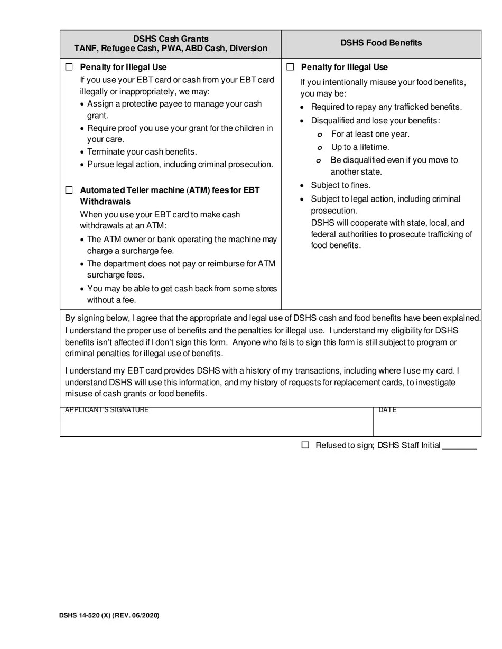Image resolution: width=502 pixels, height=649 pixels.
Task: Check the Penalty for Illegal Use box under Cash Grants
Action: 69,67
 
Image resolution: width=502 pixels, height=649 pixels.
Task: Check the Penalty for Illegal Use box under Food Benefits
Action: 290,67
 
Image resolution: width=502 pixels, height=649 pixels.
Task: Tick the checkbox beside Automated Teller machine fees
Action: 69,190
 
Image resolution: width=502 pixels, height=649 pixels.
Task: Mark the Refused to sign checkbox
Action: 305,445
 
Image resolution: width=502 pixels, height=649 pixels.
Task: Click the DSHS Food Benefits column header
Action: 381,43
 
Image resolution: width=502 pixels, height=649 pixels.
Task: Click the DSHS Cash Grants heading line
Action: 171,39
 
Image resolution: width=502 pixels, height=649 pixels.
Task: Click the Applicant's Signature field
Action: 217,425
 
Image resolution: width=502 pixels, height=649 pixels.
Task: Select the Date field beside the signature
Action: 427,425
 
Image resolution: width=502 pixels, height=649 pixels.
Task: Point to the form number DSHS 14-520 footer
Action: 109,615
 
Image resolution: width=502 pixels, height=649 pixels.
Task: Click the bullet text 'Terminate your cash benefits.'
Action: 142,152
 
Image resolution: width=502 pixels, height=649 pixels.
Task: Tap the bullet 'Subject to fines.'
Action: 341,185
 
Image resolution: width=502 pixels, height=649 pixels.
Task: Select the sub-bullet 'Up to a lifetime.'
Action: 360,147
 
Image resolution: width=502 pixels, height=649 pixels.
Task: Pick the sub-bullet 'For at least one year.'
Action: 370,134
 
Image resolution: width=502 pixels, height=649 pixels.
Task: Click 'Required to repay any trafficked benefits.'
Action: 386,107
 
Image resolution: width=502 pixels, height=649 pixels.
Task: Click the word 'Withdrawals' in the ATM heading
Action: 105,202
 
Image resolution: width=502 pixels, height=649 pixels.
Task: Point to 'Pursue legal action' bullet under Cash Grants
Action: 180,165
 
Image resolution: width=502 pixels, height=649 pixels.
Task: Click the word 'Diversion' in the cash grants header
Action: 248,49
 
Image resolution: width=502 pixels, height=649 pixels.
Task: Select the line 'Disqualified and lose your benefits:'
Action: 375,121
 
